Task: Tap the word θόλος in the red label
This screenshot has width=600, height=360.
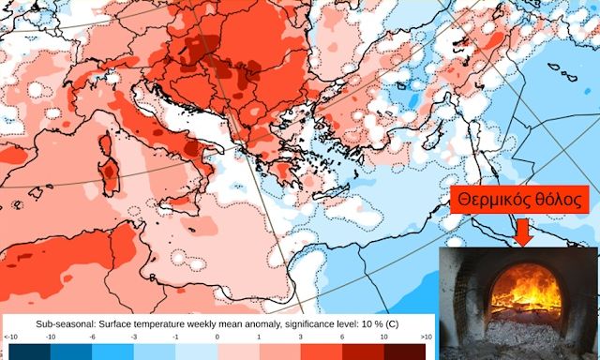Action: point(560,200)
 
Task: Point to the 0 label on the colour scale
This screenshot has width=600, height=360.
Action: point(217,336)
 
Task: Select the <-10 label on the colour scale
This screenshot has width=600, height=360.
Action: point(10,336)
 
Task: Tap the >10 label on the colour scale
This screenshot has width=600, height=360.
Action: point(427,336)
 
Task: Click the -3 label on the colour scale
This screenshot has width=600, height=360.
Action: point(134,336)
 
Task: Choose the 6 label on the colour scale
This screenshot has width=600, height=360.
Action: point(343,336)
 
